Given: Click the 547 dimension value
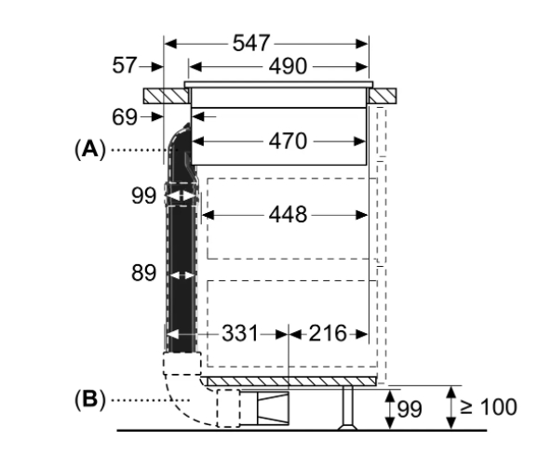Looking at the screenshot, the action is (x=251, y=43).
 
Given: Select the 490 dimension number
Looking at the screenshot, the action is (x=288, y=66).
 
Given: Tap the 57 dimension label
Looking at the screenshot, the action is (x=124, y=65).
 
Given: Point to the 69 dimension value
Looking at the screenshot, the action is (x=125, y=117).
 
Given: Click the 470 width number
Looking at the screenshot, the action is (x=288, y=141).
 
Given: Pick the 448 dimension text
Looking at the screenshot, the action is (x=288, y=215).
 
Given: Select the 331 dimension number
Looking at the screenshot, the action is (x=240, y=333).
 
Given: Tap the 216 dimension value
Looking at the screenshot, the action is (x=328, y=333).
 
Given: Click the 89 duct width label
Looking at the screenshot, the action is (x=143, y=273).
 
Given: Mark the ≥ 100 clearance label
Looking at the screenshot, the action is (x=489, y=407).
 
